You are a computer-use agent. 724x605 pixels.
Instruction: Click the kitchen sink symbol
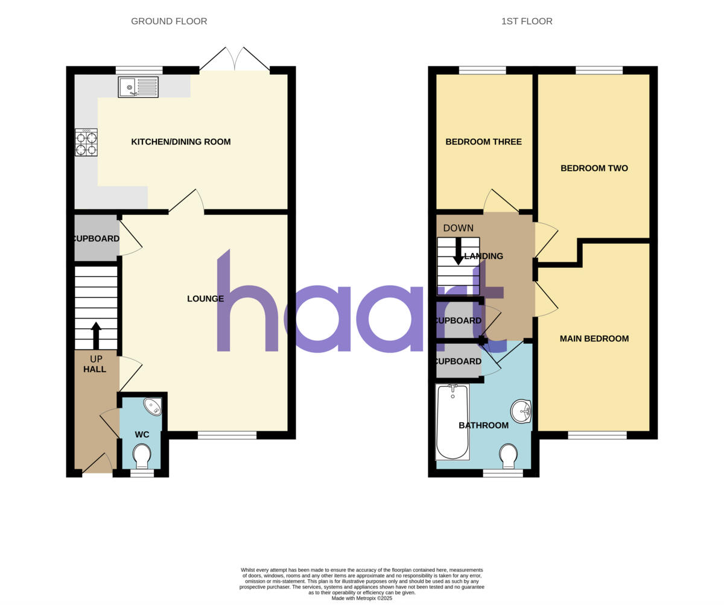(138, 87)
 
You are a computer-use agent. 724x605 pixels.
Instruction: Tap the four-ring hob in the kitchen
(86, 143)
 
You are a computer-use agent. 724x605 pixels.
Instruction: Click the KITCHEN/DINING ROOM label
(181, 142)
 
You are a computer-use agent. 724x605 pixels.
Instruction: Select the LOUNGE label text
(205, 299)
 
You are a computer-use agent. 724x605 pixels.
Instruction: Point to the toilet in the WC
(142, 455)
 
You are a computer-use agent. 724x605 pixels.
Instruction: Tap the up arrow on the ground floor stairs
(95, 335)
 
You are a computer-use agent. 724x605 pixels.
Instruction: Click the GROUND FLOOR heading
(169, 22)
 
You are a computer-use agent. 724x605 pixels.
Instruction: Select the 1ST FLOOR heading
(527, 22)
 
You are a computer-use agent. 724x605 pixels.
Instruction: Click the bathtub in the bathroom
(452, 422)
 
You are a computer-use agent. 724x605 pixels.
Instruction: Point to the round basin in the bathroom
(521, 411)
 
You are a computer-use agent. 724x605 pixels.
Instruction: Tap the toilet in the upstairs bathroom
(509, 455)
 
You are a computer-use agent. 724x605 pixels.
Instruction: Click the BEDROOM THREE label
(483, 142)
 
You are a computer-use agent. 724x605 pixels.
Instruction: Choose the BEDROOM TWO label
(594, 168)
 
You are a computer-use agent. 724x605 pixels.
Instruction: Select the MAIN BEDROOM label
(594, 339)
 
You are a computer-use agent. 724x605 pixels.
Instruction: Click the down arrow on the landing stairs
(459, 252)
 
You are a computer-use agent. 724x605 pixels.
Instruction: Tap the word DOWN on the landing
(459, 228)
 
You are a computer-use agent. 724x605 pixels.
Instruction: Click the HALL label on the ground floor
(95, 369)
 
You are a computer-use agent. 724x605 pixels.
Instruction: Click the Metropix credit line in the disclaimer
(362, 598)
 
